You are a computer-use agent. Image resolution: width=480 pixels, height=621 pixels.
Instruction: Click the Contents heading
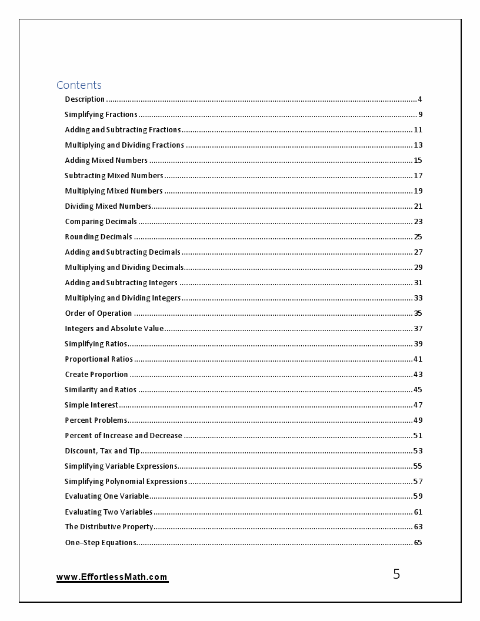click(x=79, y=85)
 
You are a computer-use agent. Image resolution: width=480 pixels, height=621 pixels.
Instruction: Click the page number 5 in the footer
click(x=396, y=574)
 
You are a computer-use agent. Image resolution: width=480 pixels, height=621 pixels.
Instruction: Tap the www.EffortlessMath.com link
click(x=112, y=577)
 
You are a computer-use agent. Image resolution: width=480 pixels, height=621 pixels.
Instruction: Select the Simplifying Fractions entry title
click(x=101, y=115)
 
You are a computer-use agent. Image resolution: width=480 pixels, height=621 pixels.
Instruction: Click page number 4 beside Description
click(x=420, y=99)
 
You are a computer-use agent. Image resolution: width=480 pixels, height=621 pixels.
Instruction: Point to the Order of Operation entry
click(x=98, y=313)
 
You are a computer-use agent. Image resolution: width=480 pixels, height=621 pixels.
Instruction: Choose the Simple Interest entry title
click(x=91, y=405)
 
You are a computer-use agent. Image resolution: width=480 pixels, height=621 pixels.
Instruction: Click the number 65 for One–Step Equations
click(x=418, y=543)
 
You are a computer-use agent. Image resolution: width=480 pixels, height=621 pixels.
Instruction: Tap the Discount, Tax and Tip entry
click(x=102, y=451)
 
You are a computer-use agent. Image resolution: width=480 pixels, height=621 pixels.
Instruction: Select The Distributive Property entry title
click(x=109, y=527)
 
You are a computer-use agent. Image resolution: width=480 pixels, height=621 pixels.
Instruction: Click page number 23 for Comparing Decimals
click(x=418, y=222)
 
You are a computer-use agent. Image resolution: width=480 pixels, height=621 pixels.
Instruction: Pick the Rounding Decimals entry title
click(x=98, y=237)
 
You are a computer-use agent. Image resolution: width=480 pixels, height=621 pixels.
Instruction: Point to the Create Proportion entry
click(x=96, y=375)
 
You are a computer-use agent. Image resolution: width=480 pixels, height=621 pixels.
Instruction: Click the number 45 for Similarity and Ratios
click(x=418, y=390)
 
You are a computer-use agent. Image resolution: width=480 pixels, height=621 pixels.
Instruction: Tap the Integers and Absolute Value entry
click(x=114, y=329)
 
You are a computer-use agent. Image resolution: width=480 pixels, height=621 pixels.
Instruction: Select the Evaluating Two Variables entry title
click(x=108, y=512)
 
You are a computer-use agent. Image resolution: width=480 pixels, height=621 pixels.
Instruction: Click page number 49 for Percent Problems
click(x=418, y=420)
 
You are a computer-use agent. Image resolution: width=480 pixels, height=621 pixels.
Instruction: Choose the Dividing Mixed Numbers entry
click(x=108, y=206)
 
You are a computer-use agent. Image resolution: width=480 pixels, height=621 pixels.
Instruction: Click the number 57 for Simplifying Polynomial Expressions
click(x=418, y=482)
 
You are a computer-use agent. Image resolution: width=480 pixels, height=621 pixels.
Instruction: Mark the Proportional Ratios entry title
click(x=99, y=359)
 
